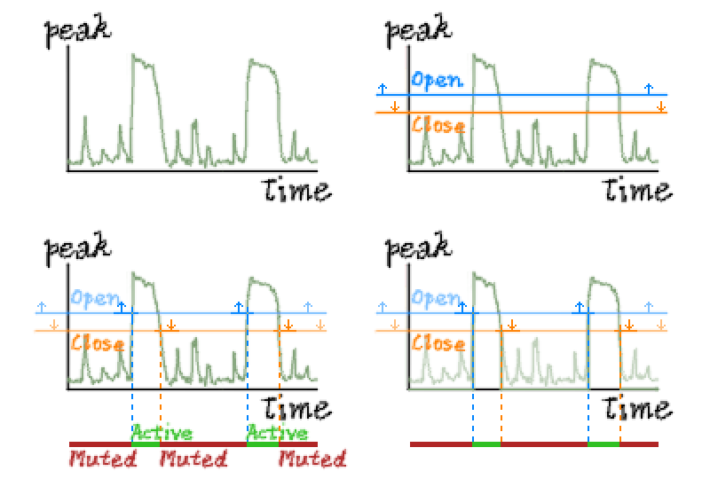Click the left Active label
coord(162,434)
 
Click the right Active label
coord(277,434)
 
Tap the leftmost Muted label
coord(103,459)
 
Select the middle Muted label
coord(193,459)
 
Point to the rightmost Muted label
coord(312,459)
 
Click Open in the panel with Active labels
coord(97,299)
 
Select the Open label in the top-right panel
coord(437,81)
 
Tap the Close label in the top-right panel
coord(438,125)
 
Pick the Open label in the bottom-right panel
coord(437,299)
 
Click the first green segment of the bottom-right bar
coord(486,444)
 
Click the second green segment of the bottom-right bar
coord(603,444)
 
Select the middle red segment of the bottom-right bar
coord(544,444)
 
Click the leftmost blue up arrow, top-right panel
coord(382,88)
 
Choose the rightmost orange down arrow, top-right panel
coord(661,106)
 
